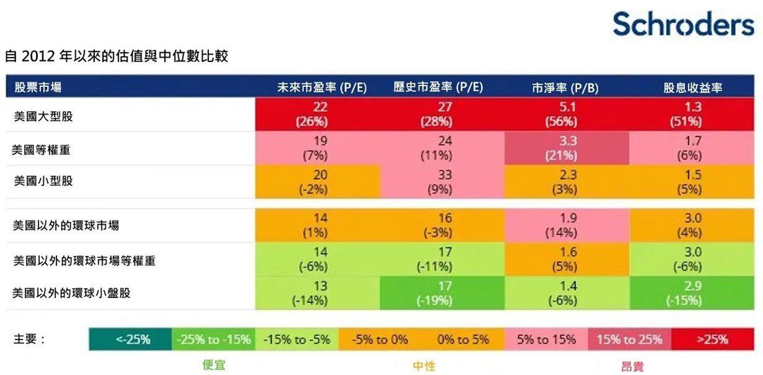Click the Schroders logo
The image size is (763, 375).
(x=683, y=24)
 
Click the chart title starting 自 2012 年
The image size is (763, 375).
(x=116, y=56)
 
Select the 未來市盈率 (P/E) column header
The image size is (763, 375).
(x=322, y=88)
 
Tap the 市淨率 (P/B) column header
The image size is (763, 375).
(x=565, y=88)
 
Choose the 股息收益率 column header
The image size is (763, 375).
(x=693, y=88)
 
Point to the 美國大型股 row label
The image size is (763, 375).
(x=43, y=115)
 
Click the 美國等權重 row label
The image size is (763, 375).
(x=43, y=149)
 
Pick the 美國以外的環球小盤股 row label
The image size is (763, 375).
(x=71, y=293)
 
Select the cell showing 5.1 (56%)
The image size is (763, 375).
(x=567, y=114)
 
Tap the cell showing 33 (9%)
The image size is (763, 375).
(x=444, y=183)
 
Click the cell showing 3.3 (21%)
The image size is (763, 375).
(x=567, y=149)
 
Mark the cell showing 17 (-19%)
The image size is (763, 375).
(x=444, y=293)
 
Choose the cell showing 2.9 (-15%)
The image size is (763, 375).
(x=693, y=293)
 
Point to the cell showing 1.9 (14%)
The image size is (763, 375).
(x=567, y=225)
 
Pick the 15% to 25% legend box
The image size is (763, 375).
(x=629, y=340)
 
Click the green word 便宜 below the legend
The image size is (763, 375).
(x=214, y=365)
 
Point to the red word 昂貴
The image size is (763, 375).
(x=632, y=366)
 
